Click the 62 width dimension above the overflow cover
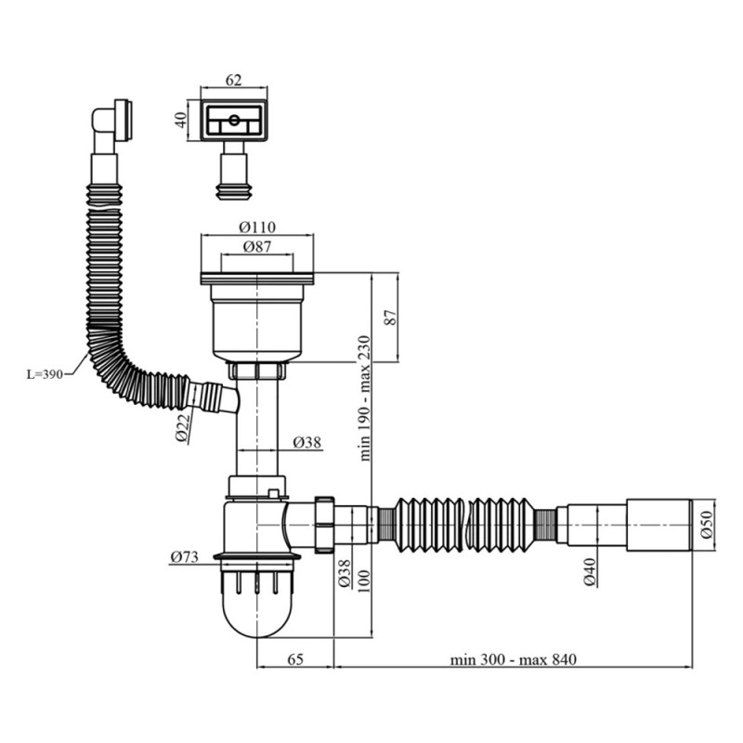[x=232, y=81]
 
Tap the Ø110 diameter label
[x=256, y=228]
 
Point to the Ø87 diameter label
[x=256, y=246]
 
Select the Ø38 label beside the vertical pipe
[x=306, y=443]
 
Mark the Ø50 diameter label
[x=705, y=526]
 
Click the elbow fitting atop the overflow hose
[x=111, y=121]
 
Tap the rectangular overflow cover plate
[x=232, y=121]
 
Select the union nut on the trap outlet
[x=324, y=524]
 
